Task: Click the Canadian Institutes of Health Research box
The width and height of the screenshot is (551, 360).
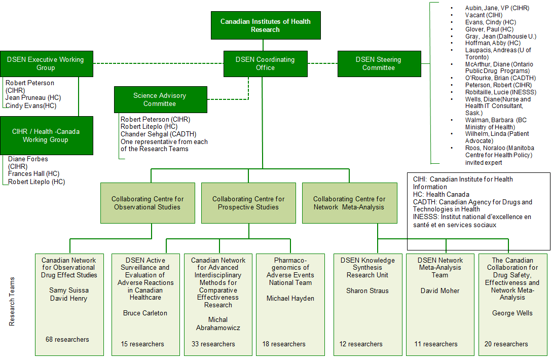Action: [266, 25]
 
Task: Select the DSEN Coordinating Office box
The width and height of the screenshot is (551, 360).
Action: [265, 63]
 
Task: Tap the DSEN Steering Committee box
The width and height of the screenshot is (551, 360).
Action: [379, 63]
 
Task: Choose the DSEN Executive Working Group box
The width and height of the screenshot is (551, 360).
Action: [46, 63]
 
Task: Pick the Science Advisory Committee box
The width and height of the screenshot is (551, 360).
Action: [160, 99]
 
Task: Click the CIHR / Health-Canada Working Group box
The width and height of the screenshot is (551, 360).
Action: [46, 135]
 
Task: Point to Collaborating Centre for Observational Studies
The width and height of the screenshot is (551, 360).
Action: [148, 203]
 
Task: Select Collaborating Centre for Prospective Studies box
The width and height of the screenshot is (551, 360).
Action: [248, 203]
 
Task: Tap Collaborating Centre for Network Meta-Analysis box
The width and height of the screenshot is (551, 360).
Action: [349, 203]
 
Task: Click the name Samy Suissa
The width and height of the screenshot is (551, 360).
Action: [69, 291]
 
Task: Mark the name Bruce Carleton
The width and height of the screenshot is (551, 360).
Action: [145, 313]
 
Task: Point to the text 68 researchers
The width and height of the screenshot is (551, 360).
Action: [67, 339]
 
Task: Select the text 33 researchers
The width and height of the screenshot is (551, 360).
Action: [213, 344]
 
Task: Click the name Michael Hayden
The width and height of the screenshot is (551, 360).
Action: [290, 298]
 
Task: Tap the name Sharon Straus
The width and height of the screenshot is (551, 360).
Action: [368, 291]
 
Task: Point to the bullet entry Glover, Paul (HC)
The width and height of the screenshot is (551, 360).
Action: [482, 29]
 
